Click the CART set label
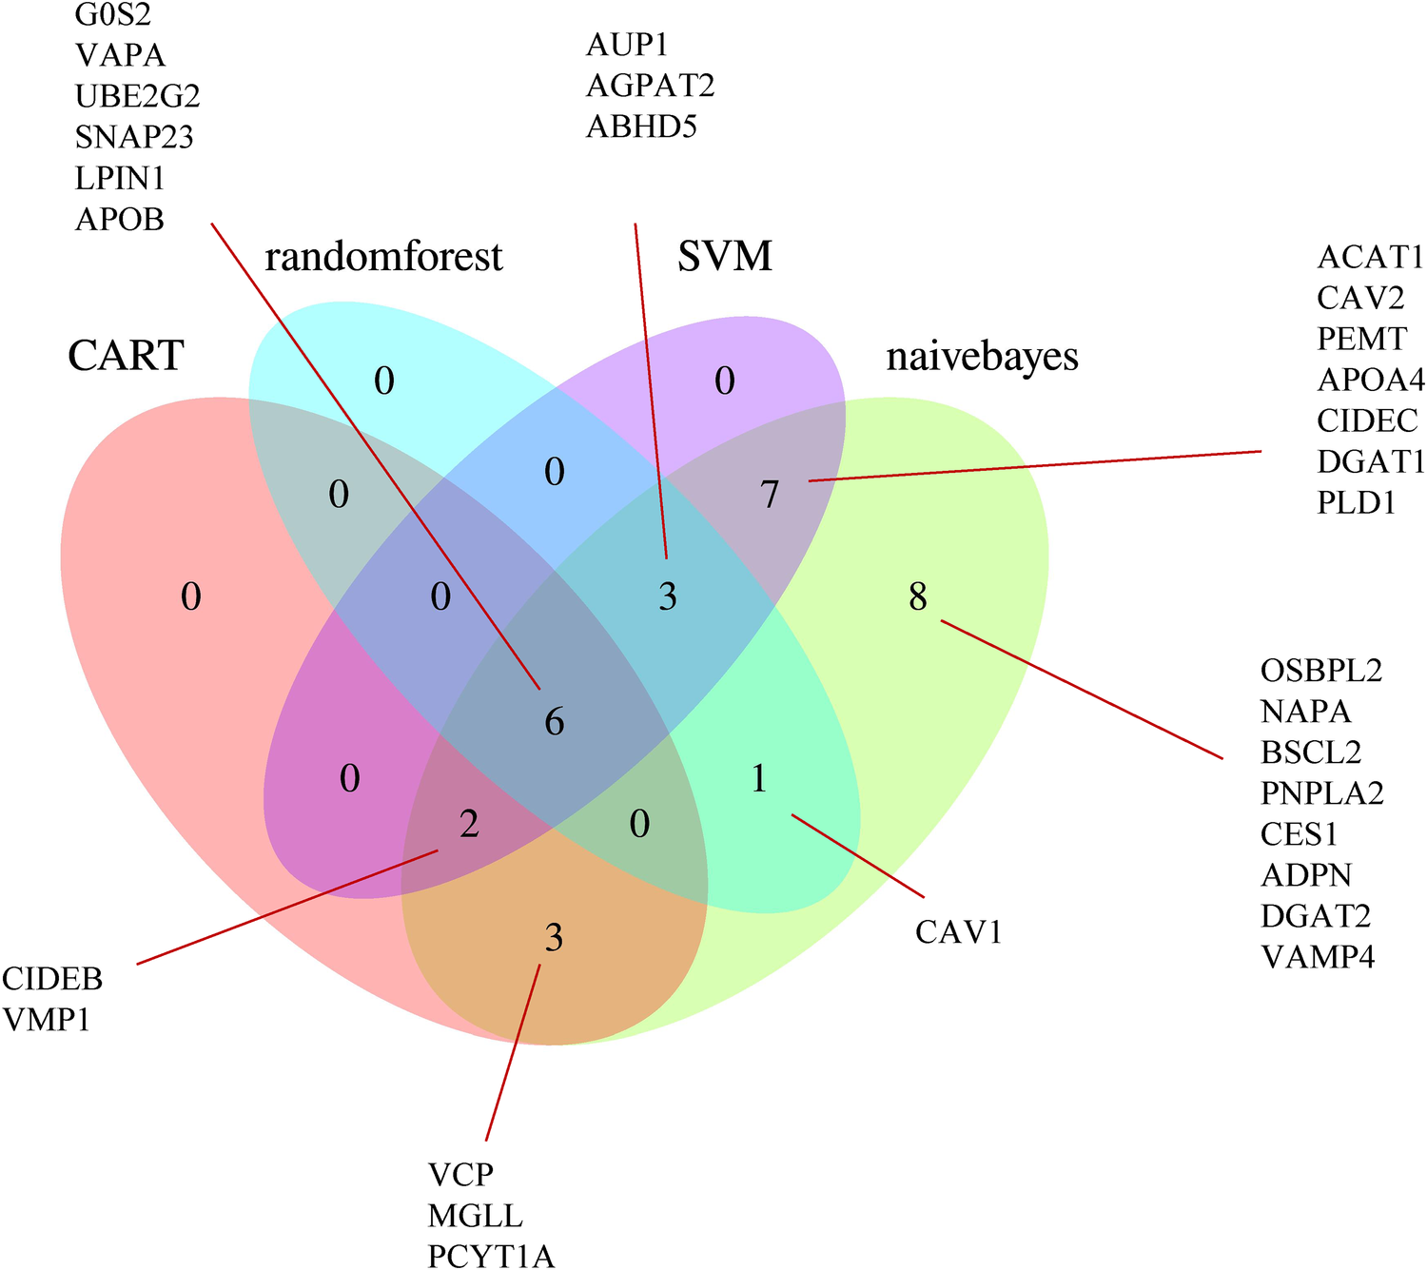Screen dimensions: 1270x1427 coord(126,357)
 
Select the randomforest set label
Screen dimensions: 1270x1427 coord(383,257)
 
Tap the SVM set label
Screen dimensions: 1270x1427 coord(725,257)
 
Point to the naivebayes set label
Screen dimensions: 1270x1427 coord(982,357)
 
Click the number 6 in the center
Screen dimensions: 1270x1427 coord(554,722)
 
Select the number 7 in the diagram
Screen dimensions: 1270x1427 coord(770,494)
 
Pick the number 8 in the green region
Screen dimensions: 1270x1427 coord(917,597)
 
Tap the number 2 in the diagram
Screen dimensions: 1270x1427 coord(469,824)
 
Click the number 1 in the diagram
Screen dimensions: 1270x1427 coord(759,780)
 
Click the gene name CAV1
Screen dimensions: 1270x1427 coord(959,932)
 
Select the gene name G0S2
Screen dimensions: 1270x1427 coord(113,14)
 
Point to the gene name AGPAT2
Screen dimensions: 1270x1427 coord(650,86)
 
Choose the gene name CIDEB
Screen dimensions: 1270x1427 coord(52,979)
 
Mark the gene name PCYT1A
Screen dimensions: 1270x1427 coord(491,1257)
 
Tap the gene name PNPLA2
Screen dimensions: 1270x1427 coord(1321,792)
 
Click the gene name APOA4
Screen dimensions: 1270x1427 coord(1371,381)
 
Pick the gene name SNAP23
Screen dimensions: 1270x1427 coord(134,138)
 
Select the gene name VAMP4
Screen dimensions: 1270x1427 coord(1318,956)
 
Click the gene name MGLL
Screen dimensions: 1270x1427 coord(475,1216)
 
